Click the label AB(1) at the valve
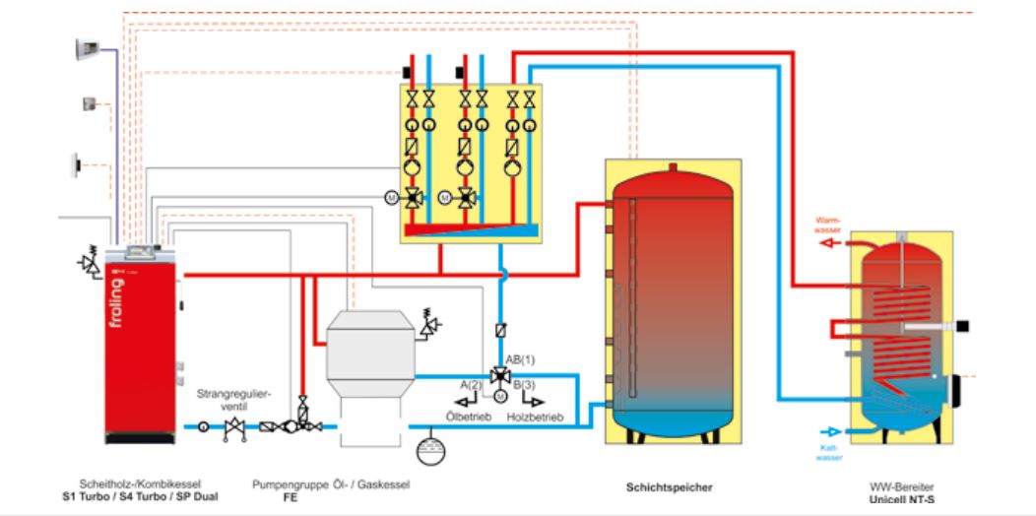click(x=519, y=357)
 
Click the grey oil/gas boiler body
click(x=369, y=350)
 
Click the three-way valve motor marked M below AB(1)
click(x=499, y=396)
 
